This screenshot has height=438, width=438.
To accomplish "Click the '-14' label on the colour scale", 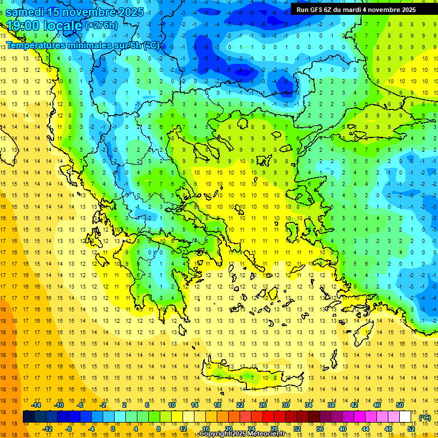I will pyautogui.click(x=35, y=405).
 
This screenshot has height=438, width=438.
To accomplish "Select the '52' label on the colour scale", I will pyautogui.click(x=411, y=429).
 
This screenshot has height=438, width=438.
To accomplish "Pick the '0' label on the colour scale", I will pyautogui.click(x=113, y=429).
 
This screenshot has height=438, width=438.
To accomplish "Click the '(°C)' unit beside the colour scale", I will pyautogui.click(x=425, y=417).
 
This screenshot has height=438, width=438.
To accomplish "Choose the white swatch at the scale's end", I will pyautogui.click(x=405, y=417).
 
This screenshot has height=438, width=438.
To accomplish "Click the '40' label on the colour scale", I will pyautogui.click(x=343, y=429).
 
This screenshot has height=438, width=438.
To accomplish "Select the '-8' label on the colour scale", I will pyautogui.click(x=68, y=429).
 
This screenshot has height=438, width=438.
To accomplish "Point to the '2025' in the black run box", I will pyautogui.click(x=407, y=10).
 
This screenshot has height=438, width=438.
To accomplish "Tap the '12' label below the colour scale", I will pyautogui.click(x=183, y=429).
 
